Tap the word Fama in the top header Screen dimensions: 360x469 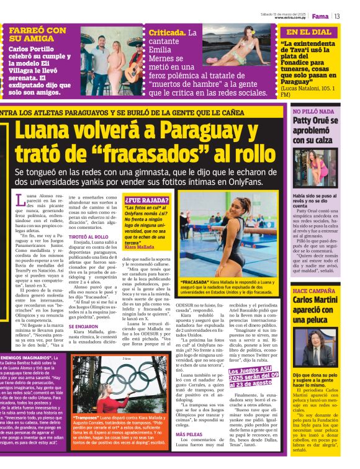pyautogui.click(x=320, y=16)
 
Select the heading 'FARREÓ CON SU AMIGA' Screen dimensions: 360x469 pyautogui.click(x=38, y=35)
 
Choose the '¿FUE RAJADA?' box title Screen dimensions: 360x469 pyautogui.click(x=146, y=200)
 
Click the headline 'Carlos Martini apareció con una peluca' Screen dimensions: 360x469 pyautogui.click(x=316, y=311)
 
